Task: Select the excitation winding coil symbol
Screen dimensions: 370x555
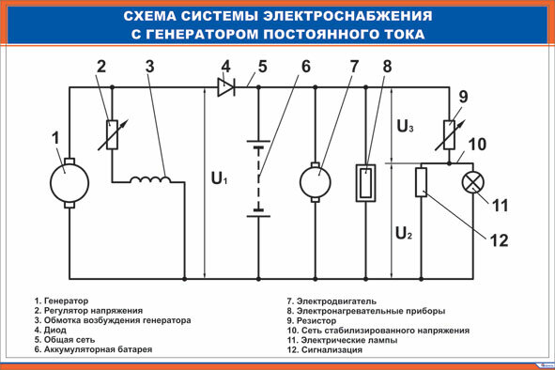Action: (148, 180)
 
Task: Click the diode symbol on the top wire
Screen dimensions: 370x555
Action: (225, 87)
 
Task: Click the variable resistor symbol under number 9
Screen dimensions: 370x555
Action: (450, 133)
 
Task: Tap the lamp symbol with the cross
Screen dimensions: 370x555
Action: (472, 181)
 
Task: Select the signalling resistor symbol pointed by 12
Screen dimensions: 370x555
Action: (422, 181)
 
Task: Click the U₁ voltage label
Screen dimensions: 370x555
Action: (219, 178)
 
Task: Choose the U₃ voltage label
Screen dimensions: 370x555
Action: (404, 125)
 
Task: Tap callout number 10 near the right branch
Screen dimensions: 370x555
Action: (477, 145)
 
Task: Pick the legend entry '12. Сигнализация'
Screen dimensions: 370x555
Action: (324, 349)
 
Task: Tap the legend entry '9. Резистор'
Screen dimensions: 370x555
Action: (320, 320)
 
